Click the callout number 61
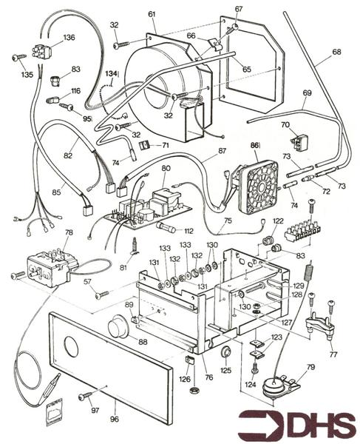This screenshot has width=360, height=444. click(x=152, y=14)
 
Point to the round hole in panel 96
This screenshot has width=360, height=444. click(x=75, y=346)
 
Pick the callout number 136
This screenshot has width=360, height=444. click(x=69, y=37)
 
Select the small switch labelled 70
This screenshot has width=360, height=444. click(x=299, y=141)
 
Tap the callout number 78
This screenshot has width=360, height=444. click(x=69, y=233)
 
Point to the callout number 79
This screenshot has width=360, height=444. click(x=310, y=367)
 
